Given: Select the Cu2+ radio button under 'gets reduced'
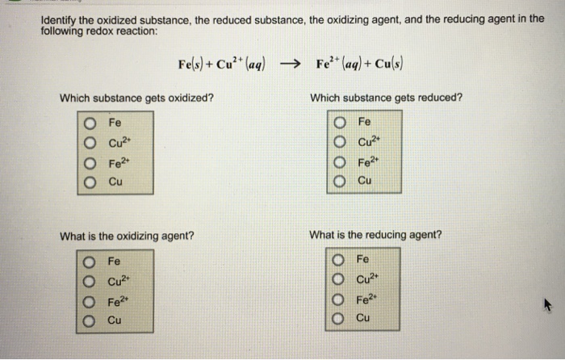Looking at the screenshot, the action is point(340,142).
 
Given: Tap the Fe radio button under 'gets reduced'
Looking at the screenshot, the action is point(340,123).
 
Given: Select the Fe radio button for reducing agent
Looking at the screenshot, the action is point(340,261).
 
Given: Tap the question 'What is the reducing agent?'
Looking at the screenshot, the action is point(375,235).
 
